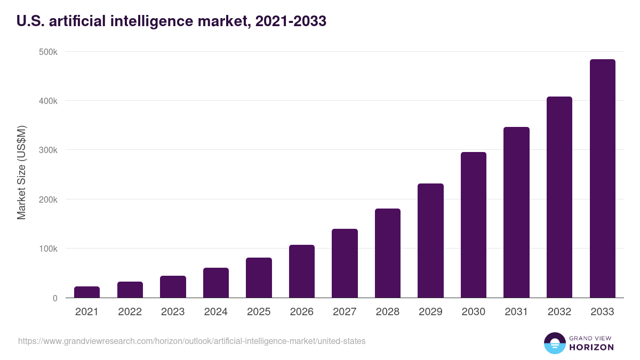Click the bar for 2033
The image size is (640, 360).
(602, 179)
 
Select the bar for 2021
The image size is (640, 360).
(87, 292)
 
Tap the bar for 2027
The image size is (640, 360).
(345, 263)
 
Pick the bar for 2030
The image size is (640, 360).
(474, 225)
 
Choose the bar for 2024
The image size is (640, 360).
(215, 283)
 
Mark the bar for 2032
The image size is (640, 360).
(559, 197)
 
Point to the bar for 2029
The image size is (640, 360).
(430, 241)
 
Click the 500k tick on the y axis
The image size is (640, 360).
(48, 52)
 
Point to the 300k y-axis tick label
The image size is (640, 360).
(48, 150)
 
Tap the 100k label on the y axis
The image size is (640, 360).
(48, 249)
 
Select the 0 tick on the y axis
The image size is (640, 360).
(54, 298)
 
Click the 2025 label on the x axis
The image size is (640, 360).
(259, 312)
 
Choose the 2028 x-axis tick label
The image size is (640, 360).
(388, 312)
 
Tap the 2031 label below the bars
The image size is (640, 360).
(516, 312)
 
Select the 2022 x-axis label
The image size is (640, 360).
(130, 312)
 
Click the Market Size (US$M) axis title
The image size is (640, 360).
(21, 172)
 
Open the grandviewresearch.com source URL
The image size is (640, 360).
(192, 341)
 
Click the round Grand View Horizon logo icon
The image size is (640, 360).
(554, 343)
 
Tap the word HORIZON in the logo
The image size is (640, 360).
(591, 347)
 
